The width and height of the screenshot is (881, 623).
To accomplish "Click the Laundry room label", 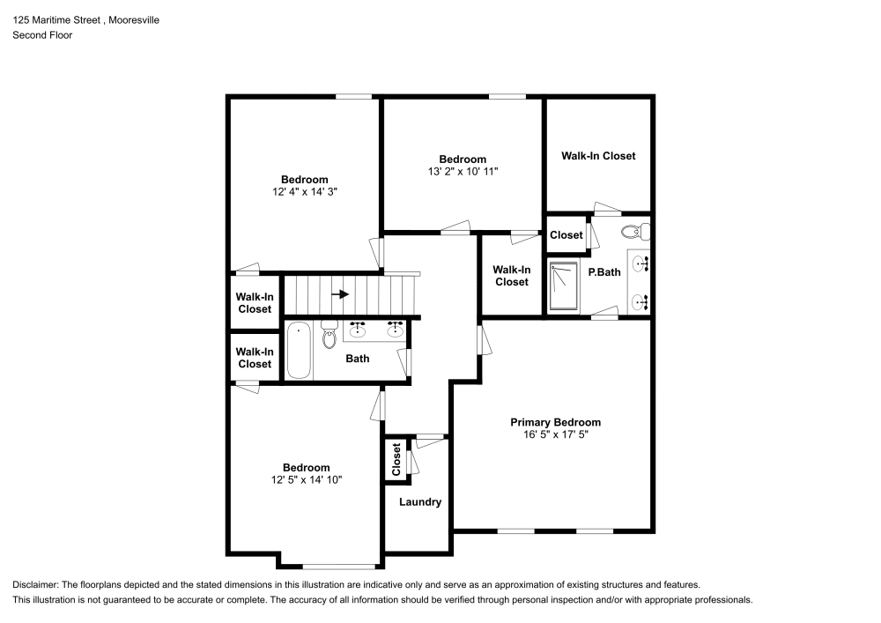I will click(419, 502).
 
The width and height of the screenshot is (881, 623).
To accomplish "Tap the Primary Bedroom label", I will click(555, 422).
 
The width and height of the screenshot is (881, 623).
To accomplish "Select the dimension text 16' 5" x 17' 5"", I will click(555, 434).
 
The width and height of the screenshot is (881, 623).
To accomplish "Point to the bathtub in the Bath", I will click(297, 351).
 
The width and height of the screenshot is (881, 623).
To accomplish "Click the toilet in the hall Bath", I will click(329, 335).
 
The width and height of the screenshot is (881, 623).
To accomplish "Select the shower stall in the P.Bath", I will click(564, 286).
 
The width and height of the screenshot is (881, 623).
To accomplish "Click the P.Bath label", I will click(605, 272).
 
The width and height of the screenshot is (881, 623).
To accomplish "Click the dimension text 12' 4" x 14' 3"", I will click(304, 191).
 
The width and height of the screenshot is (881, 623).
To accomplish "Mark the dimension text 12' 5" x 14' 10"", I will click(306, 479).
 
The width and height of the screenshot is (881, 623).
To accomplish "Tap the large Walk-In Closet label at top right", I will click(598, 156).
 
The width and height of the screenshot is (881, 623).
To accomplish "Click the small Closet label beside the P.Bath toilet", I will click(566, 235).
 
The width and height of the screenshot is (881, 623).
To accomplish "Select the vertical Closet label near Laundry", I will click(396, 459).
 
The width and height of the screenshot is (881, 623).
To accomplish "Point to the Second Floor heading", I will click(42, 35).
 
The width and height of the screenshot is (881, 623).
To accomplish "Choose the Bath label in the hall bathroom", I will click(357, 359).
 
